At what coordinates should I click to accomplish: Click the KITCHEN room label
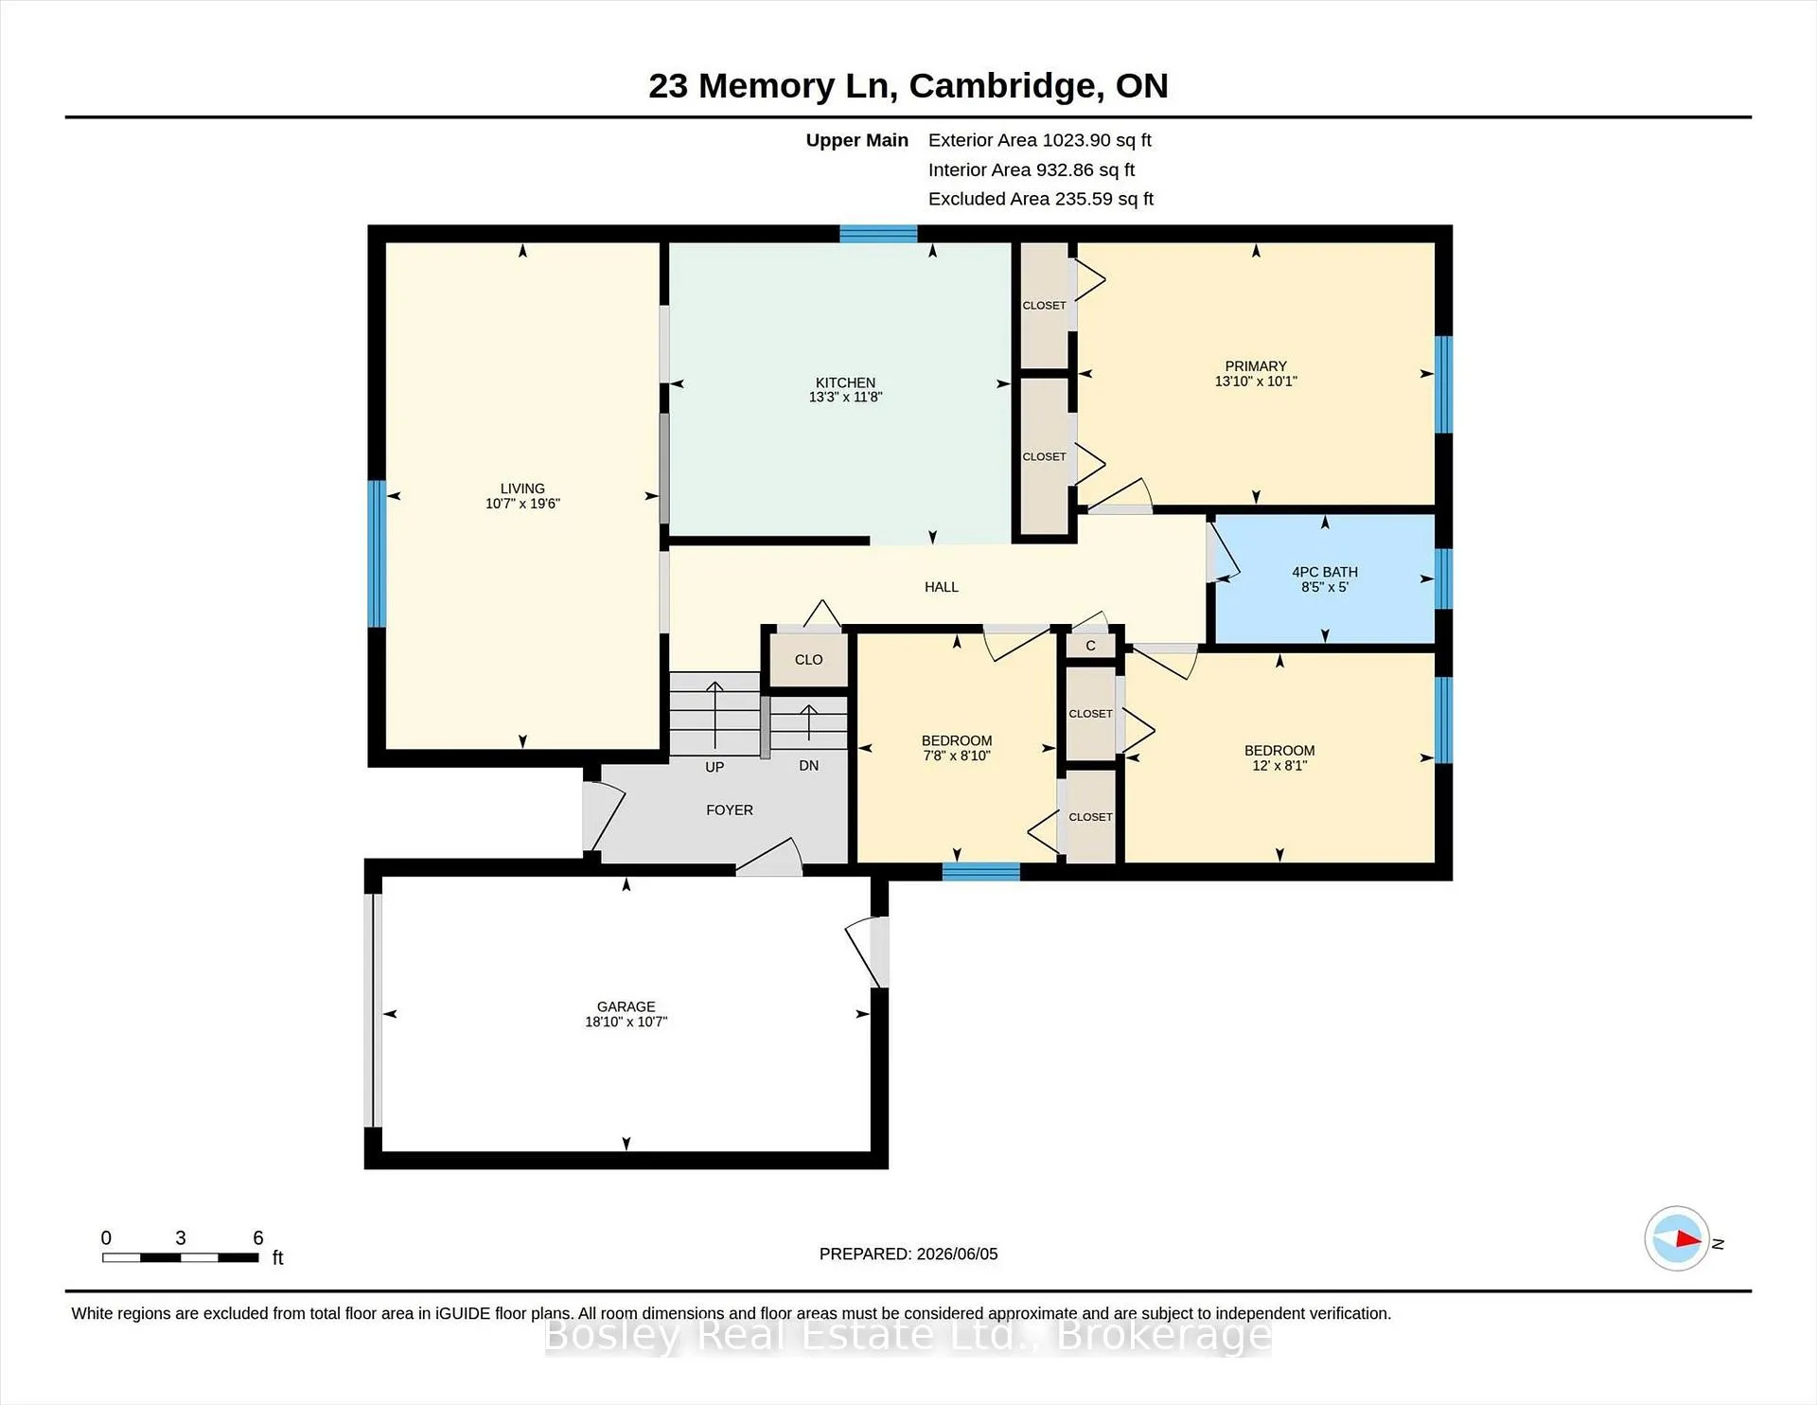(845, 382)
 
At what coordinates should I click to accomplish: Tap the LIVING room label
(522, 489)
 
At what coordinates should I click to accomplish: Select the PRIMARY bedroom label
(1256, 366)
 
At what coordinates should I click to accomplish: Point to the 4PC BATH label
(1325, 572)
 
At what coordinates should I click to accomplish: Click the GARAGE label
(626, 1006)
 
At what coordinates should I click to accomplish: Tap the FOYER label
(730, 810)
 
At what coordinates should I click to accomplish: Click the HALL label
(942, 587)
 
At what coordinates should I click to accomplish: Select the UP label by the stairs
(714, 767)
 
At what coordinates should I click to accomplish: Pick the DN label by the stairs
(808, 765)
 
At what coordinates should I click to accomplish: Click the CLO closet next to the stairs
(808, 660)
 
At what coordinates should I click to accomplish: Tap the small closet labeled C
(1090, 646)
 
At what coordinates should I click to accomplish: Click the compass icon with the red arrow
(1677, 1238)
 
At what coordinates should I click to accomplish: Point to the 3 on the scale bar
(181, 1237)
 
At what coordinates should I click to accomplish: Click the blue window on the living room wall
(377, 554)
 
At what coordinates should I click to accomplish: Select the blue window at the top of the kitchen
(878, 234)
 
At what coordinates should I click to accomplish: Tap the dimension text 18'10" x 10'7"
(626, 1022)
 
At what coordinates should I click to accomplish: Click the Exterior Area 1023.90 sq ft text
(1040, 140)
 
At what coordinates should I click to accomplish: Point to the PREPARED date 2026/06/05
(955, 1254)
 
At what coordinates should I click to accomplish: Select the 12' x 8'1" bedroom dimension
(1279, 765)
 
